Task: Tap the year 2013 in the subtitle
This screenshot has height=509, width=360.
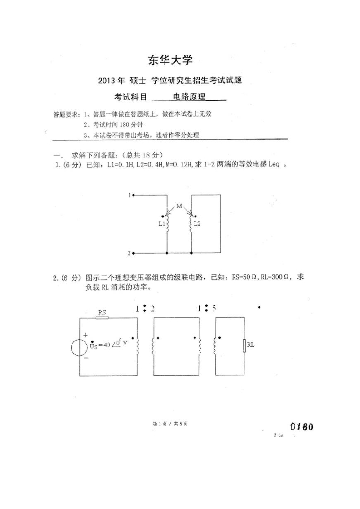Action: point(107,81)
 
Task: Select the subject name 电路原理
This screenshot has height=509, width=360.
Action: point(190,97)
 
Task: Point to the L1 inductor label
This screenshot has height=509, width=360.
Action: point(161,224)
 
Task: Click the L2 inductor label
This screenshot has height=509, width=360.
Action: point(197,224)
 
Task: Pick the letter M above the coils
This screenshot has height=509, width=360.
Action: point(180,206)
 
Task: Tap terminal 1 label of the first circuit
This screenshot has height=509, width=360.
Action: point(129,196)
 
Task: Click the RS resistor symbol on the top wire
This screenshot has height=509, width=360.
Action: point(102,318)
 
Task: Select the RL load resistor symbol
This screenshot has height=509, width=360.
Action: point(244,345)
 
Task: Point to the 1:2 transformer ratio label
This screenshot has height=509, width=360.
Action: point(144,309)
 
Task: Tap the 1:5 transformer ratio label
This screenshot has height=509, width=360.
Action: point(207,309)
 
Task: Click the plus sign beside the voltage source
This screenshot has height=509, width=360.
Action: point(85,335)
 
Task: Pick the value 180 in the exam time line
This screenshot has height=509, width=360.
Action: point(125,125)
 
